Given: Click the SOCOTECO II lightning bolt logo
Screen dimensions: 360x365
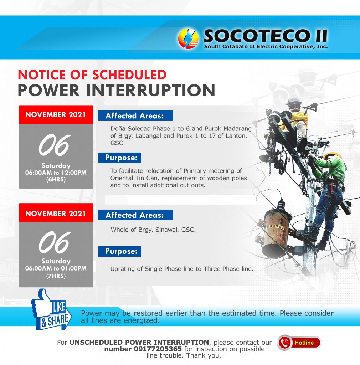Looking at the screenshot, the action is (188, 38).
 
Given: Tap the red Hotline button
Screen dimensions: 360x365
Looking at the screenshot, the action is (299, 343).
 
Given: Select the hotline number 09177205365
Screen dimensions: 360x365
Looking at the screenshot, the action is (158, 349).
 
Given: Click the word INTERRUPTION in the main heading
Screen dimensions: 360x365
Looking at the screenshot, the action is (151, 90).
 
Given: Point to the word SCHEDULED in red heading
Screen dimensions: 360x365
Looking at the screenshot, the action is (129, 75).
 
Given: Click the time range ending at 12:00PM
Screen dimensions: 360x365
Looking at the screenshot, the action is (56, 173).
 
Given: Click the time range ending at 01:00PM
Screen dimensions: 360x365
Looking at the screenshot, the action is (56, 268).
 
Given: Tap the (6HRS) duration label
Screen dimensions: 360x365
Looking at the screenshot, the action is (56, 180).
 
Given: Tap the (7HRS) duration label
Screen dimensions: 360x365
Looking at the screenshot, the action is (56, 276).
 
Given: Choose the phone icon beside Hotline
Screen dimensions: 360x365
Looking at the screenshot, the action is (284, 343).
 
